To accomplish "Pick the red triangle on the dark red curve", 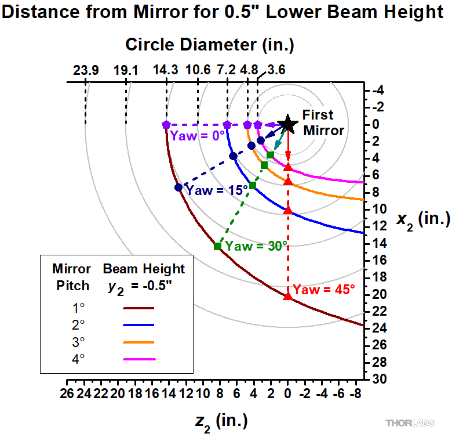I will [x=288, y=296].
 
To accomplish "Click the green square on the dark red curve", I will [x=217, y=246].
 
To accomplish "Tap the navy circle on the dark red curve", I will [x=178, y=187].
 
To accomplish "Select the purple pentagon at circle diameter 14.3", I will [x=166, y=124].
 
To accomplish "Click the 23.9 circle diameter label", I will [x=86, y=71].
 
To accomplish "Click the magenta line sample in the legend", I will [x=140, y=359].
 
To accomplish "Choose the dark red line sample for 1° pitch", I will [x=140, y=309].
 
